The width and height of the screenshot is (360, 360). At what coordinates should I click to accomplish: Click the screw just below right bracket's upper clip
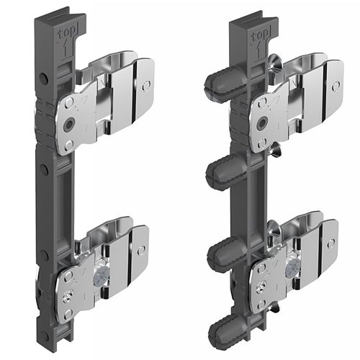(x=275, y=149)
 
